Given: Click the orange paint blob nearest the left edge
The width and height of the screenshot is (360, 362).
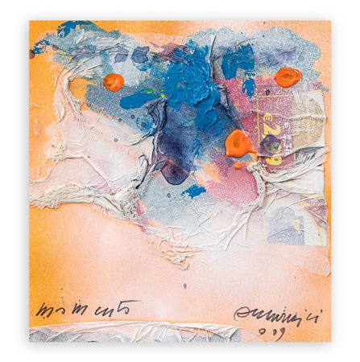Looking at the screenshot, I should pyautogui.click(x=114, y=81).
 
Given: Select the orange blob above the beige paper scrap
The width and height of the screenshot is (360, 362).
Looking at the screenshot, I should pyautogui.click(x=288, y=77).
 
